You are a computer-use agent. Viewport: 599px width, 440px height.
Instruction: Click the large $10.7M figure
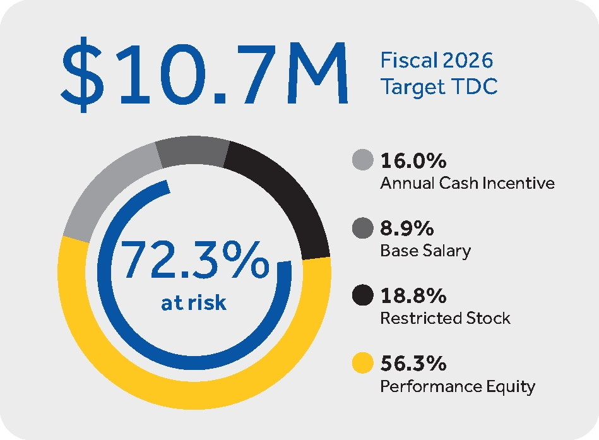coord(204,74)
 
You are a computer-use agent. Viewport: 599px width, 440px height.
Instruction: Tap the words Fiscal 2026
coord(436,61)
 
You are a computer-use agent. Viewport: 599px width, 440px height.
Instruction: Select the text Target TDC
coord(439,86)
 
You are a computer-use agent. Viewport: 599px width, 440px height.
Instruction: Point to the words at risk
coord(194,303)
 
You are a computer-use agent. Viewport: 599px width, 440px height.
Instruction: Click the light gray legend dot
coord(362,160)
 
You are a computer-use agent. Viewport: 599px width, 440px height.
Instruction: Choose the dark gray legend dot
coord(362,228)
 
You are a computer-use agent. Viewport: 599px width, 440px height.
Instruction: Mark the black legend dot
coord(362,296)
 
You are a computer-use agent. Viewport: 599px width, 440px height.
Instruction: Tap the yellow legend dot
coord(362,364)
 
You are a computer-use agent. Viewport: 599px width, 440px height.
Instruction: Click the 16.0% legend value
coord(413,161)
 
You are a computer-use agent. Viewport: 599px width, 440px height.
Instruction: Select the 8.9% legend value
coord(406,229)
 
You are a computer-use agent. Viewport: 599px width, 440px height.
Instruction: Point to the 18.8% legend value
coord(413,296)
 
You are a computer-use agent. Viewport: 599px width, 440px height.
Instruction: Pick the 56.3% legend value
coord(413,364)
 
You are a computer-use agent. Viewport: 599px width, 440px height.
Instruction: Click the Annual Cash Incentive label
coord(467,183)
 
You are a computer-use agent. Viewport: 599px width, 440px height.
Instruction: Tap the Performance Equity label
coord(458,386)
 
